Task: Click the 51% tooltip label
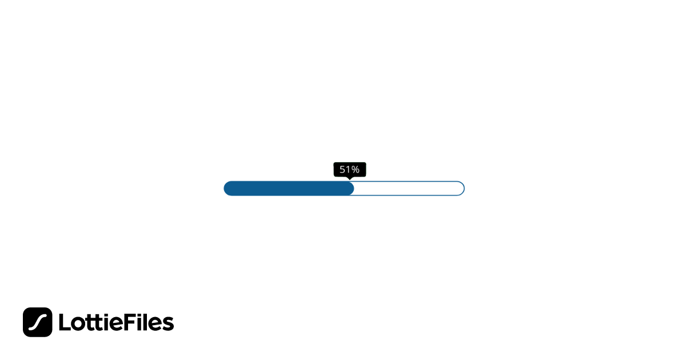[349, 170]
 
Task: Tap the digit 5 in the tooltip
[342, 170]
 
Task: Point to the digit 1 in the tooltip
[348, 170]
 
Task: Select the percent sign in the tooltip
[355, 170]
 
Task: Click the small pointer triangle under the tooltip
[349, 178]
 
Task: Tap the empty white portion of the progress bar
[409, 189]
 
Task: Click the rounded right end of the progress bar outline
[461, 189]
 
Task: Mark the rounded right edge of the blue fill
[352, 189]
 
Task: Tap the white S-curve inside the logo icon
[38, 322]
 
